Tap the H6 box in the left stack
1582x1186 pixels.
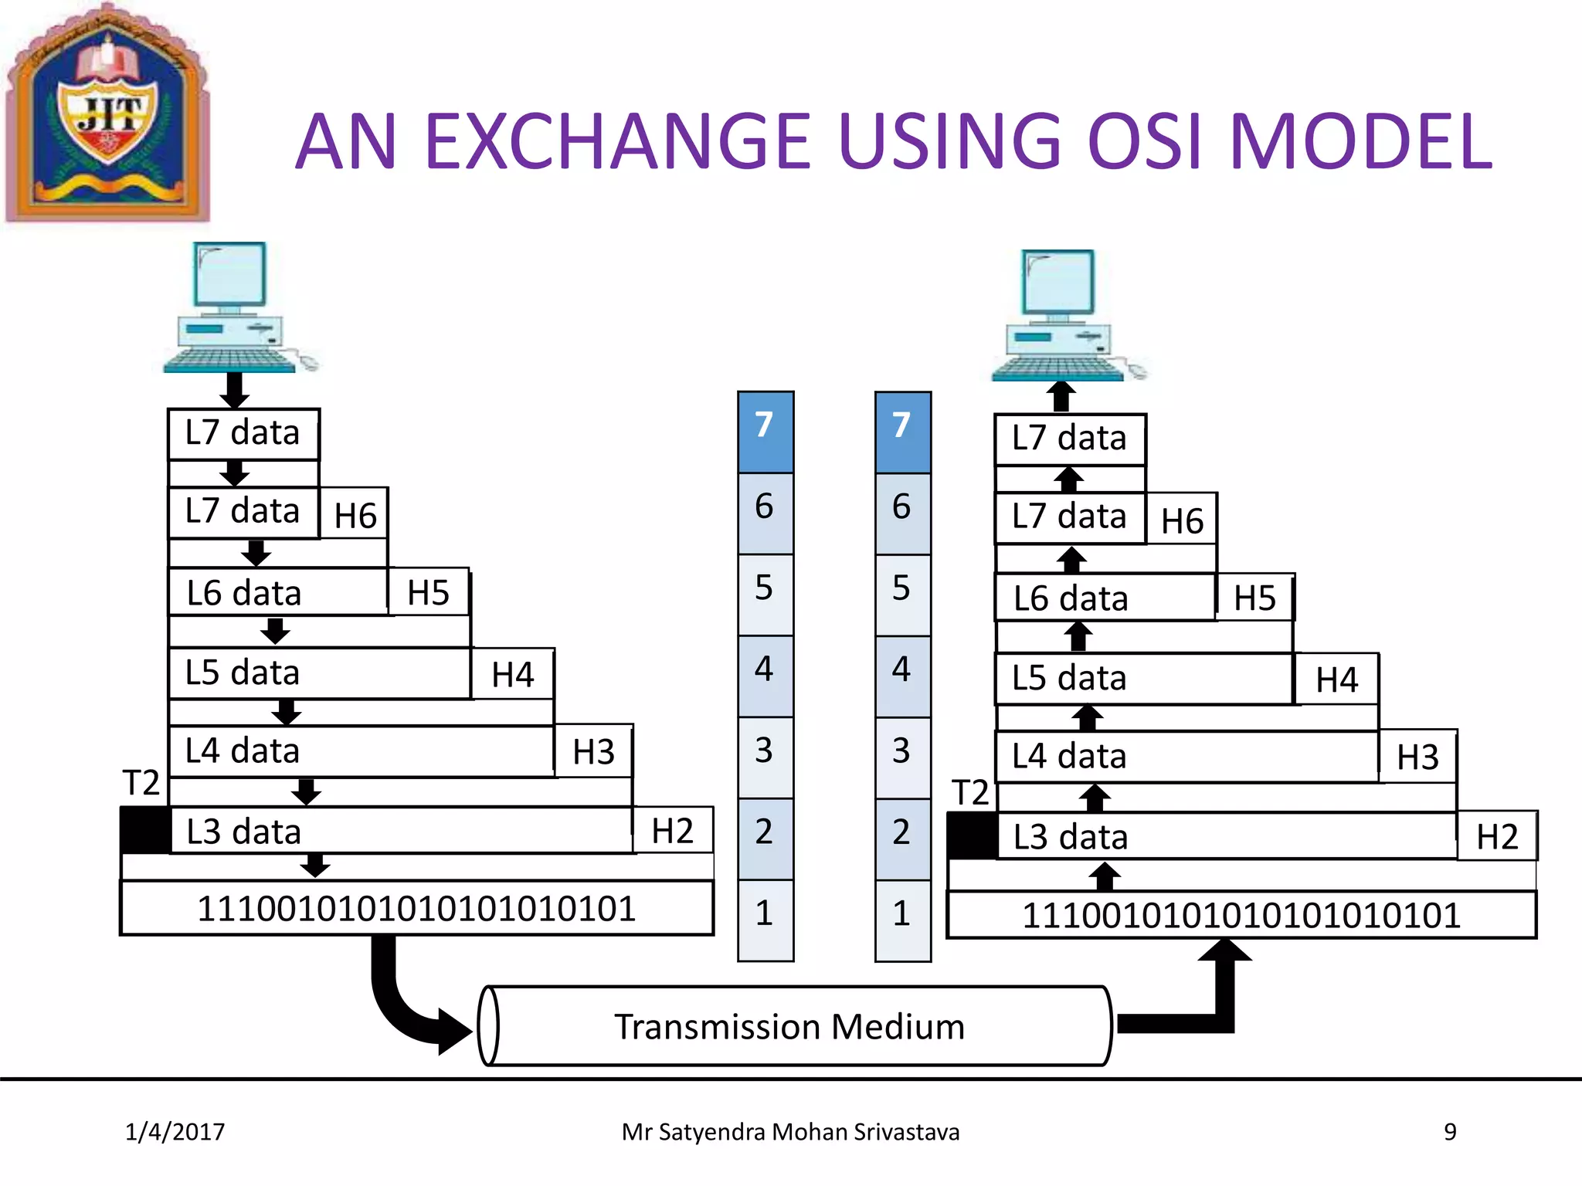355,516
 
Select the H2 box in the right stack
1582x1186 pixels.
1496,837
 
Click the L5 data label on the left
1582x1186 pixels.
243,673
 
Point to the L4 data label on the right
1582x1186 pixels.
1069,756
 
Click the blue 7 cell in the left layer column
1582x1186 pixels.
765,432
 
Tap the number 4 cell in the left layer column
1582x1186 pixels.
765,676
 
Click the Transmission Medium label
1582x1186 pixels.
789,1027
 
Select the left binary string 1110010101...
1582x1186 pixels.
416,909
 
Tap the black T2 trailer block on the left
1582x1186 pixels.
145,831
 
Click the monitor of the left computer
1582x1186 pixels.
230,275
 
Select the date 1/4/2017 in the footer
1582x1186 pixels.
175,1132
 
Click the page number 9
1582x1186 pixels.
1450,1132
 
